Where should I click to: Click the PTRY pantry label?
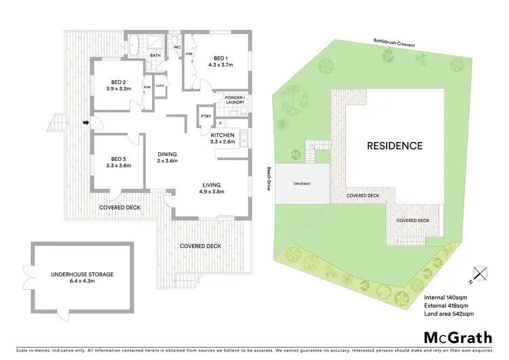pos(205,116)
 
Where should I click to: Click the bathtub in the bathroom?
pos(135,48)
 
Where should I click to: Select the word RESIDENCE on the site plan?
pos(394,145)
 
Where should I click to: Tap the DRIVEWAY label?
pos(303,183)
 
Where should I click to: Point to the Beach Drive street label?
pos(269,178)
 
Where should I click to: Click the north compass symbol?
pos(480,273)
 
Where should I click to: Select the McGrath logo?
pos(459,338)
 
